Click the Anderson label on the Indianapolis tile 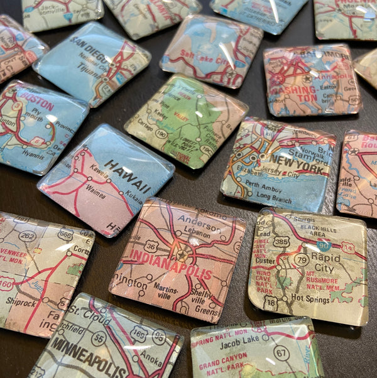click(195, 220)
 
